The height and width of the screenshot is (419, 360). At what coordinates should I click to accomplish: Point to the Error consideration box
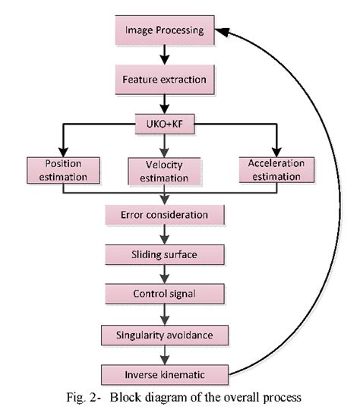tap(164, 215)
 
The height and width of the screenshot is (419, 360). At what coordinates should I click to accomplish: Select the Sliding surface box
tap(163, 254)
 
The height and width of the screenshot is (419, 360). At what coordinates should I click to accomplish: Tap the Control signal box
tap(163, 293)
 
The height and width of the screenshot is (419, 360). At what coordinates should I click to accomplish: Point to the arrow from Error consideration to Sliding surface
tap(163, 235)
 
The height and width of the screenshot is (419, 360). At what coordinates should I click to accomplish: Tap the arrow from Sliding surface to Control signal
tap(163, 273)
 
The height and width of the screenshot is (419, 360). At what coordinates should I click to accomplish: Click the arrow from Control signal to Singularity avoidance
tap(163, 313)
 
